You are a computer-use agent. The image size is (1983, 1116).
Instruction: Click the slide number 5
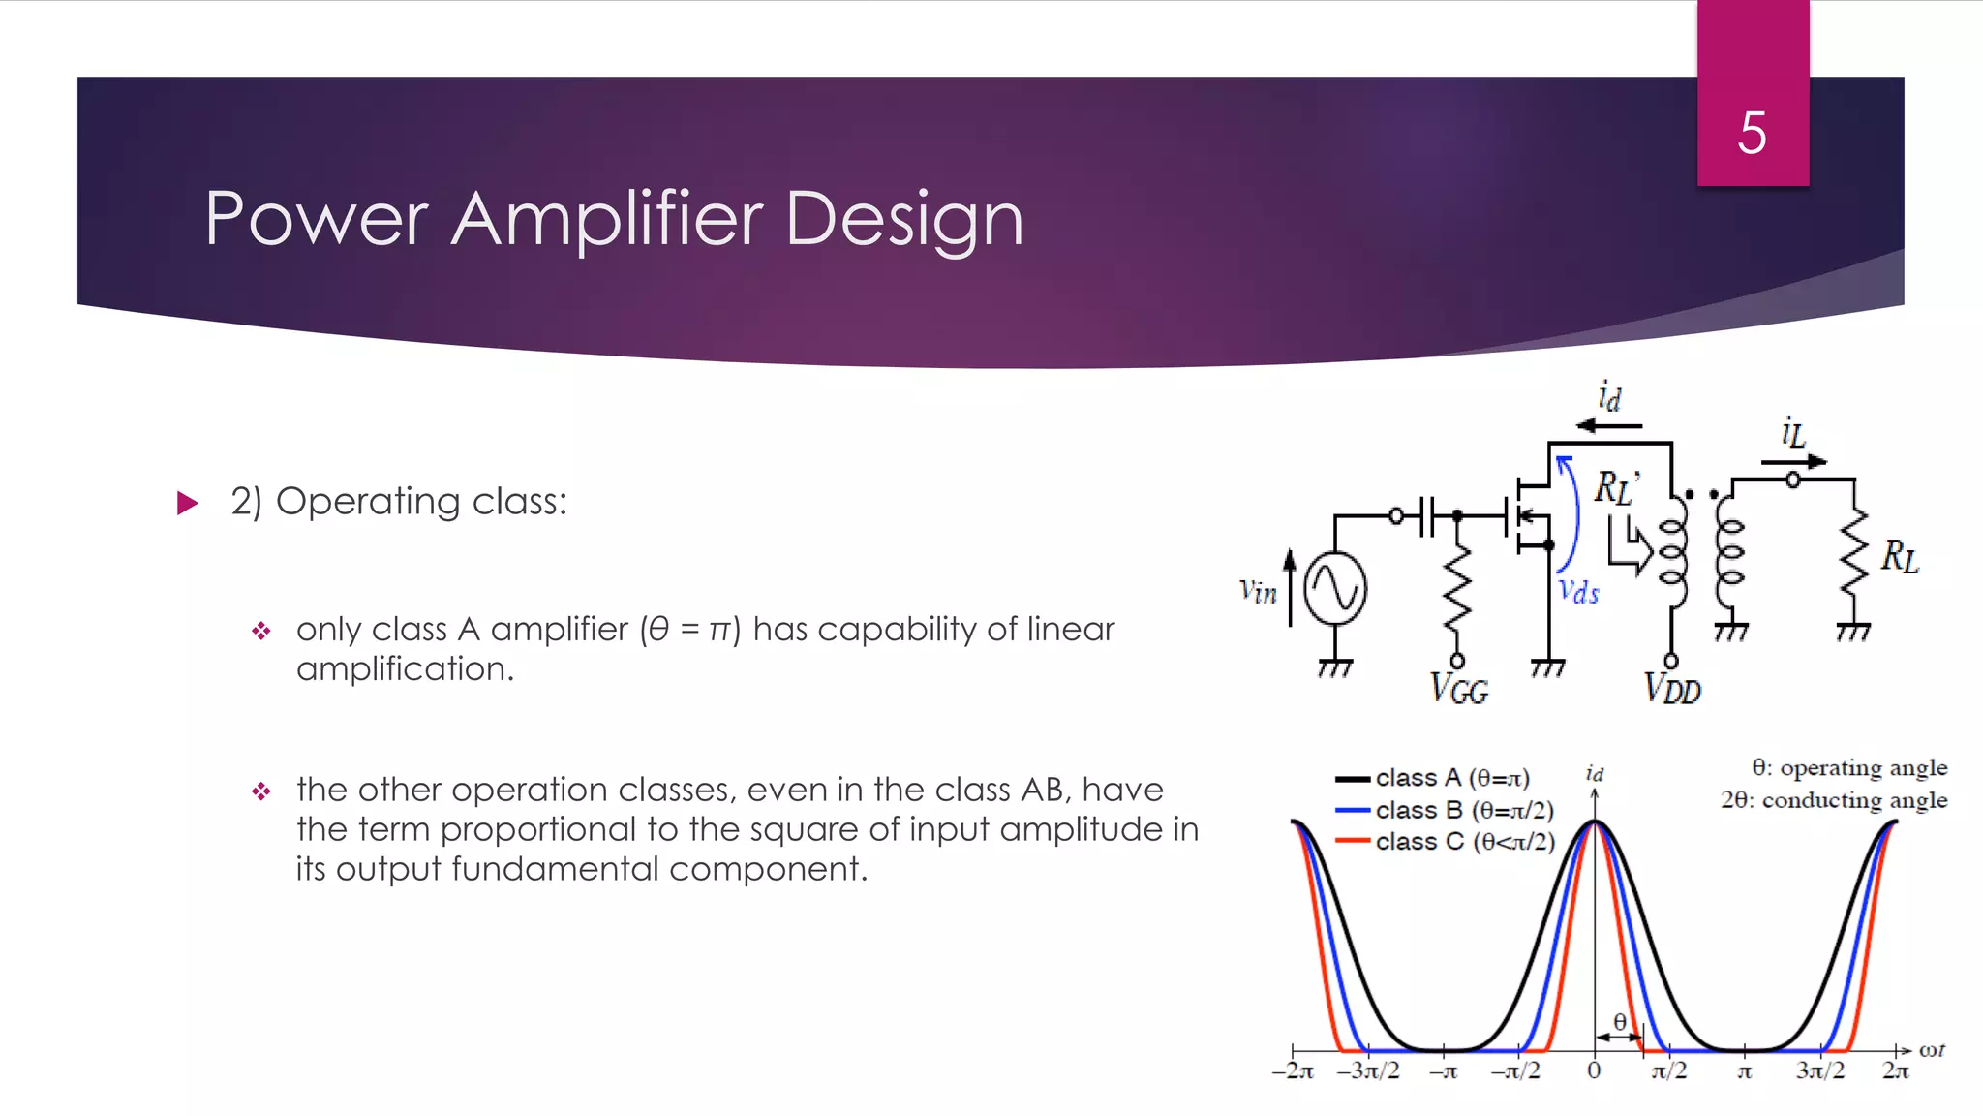(x=1752, y=133)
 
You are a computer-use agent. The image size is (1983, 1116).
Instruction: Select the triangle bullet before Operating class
(x=188, y=503)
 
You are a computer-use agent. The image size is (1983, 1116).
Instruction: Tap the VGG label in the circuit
(x=1459, y=690)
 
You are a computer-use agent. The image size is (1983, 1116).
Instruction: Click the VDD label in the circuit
(x=1672, y=689)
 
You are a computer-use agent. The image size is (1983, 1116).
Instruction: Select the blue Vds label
(x=1578, y=592)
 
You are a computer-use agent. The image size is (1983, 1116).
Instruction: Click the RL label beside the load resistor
(x=1899, y=557)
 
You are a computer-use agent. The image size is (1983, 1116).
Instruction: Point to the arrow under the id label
(x=1608, y=425)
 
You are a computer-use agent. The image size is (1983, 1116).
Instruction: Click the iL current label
(x=1793, y=432)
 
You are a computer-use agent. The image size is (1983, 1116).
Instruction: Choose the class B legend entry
(x=1463, y=810)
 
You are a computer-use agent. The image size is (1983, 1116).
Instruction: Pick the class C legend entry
(x=1463, y=842)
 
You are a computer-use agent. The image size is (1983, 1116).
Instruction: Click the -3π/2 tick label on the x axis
(x=1367, y=1070)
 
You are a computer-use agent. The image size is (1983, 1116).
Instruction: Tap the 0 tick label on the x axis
(x=1594, y=1070)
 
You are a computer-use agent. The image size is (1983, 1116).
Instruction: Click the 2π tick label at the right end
(x=1895, y=1070)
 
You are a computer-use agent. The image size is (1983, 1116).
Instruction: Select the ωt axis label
(x=1931, y=1050)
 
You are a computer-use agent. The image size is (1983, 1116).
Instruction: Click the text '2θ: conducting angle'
(x=1833, y=800)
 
